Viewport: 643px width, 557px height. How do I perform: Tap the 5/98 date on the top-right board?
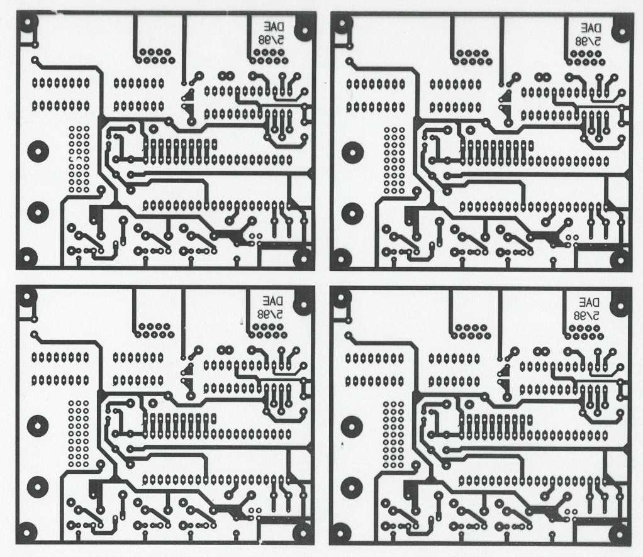[x=587, y=40]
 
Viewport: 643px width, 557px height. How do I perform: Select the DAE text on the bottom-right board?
[x=589, y=301]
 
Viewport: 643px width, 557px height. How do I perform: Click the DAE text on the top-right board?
[x=591, y=28]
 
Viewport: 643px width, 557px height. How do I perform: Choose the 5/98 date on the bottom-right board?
[x=586, y=314]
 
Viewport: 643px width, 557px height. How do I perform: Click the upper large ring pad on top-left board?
[x=37, y=152]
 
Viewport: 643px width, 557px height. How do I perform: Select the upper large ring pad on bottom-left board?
[x=37, y=426]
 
